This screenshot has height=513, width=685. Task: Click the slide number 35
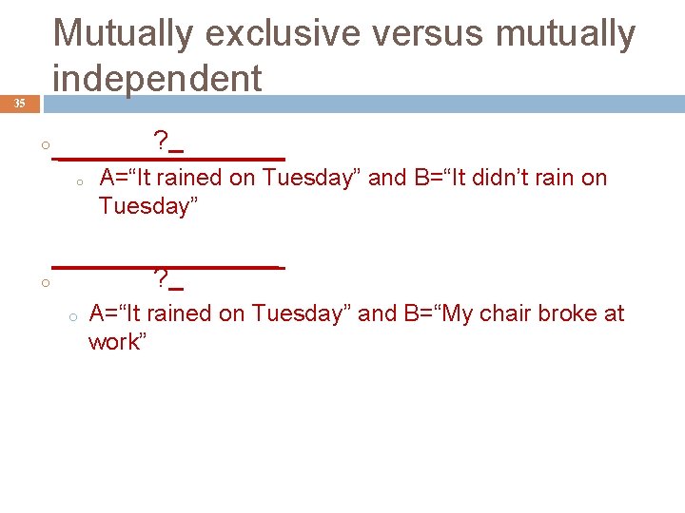(x=19, y=104)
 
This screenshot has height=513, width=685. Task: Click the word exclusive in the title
(x=283, y=34)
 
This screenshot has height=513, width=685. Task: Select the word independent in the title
(x=157, y=78)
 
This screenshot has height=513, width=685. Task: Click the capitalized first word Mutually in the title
(x=123, y=34)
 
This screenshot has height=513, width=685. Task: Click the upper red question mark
(x=161, y=143)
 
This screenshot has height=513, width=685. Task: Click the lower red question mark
(x=161, y=279)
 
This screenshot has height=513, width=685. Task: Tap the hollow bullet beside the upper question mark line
(x=44, y=145)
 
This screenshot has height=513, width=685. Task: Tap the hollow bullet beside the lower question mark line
(x=44, y=282)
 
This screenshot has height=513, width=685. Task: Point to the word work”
(x=117, y=342)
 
